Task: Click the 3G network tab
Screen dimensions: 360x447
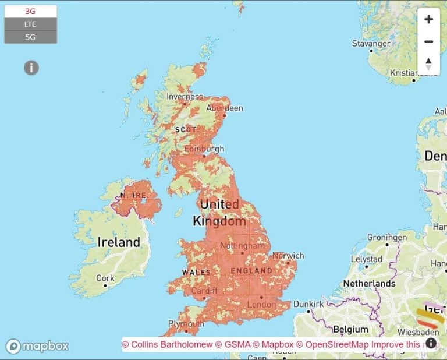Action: pyautogui.click(x=30, y=11)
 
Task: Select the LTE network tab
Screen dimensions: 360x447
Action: pyautogui.click(x=30, y=24)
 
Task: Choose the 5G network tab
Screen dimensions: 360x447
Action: pyautogui.click(x=30, y=37)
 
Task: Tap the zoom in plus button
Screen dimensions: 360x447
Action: pyautogui.click(x=428, y=19)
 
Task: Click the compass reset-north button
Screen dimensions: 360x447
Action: pyautogui.click(x=428, y=63)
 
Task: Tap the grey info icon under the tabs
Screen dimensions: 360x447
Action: pyautogui.click(x=31, y=68)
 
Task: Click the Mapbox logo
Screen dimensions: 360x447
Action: pyautogui.click(x=37, y=346)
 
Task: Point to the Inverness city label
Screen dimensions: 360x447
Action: pyautogui.click(x=185, y=97)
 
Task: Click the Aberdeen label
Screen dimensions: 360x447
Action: pyautogui.click(x=225, y=108)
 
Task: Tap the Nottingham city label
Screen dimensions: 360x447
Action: pyautogui.click(x=235, y=246)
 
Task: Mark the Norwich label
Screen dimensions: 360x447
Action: pyautogui.click(x=288, y=256)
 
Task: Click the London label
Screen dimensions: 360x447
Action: pyautogui.click(x=261, y=304)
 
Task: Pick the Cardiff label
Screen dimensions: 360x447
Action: pyautogui.click(x=204, y=291)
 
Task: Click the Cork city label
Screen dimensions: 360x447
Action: pyautogui.click(x=105, y=278)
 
